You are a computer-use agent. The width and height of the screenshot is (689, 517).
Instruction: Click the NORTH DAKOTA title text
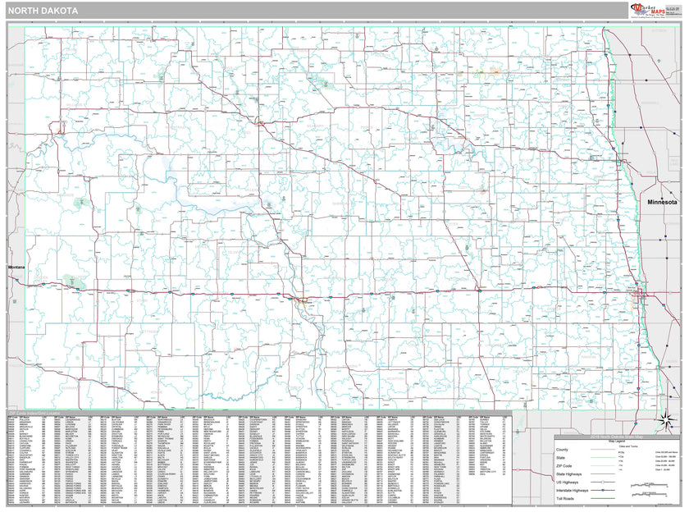pos(45,11)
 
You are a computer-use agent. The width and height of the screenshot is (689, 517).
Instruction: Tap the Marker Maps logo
pos(649,10)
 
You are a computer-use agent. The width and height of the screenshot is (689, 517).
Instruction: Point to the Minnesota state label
pos(662,202)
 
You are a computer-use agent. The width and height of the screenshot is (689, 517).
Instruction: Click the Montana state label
pos(16,268)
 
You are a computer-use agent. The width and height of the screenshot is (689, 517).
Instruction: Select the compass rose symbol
pos(667,423)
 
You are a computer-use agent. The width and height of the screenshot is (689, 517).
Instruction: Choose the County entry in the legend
pos(562,450)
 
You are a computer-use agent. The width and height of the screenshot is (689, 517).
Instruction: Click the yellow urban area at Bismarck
pos(304,299)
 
